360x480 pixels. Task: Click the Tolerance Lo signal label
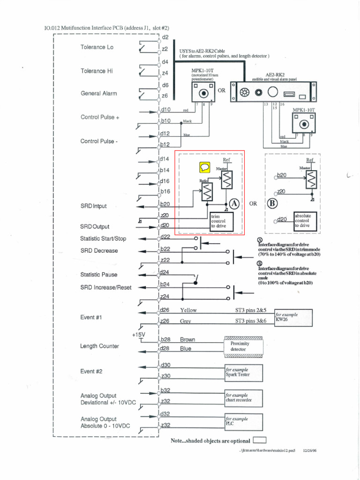[97, 47]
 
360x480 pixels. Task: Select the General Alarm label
[99, 93]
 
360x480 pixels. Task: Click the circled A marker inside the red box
[234, 203]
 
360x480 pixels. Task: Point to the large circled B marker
[272, 204]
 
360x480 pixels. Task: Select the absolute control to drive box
[306, 220]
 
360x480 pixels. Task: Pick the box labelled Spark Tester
[244, 373]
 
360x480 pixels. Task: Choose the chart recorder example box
[244, 398]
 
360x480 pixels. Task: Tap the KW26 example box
[293, 317]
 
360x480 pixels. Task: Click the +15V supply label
[139, 334]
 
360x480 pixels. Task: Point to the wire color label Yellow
[188, 310]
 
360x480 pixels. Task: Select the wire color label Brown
[187, 340]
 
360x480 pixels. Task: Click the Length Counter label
[99, 346]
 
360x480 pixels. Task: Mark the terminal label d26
[165, 310]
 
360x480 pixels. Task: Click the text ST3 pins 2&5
[251, 310]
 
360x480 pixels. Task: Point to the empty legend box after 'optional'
[259, 440]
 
